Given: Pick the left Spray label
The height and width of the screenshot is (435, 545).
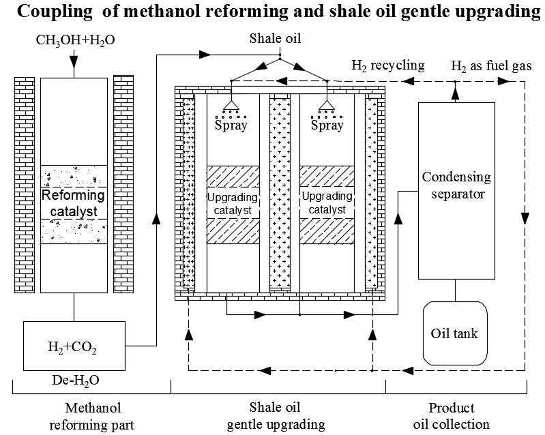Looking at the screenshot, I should (231, 125).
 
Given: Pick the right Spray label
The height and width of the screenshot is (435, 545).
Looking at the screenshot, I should (327, 125).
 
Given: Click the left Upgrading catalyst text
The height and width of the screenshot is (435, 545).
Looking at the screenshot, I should (231, 203).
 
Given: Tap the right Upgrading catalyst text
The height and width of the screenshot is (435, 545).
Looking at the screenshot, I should (327, 203).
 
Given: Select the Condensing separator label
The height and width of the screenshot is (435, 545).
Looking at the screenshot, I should (456, 185).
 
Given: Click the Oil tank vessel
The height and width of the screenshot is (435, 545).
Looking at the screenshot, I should (455, 333).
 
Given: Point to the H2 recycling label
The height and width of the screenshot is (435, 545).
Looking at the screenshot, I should (387, 65).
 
